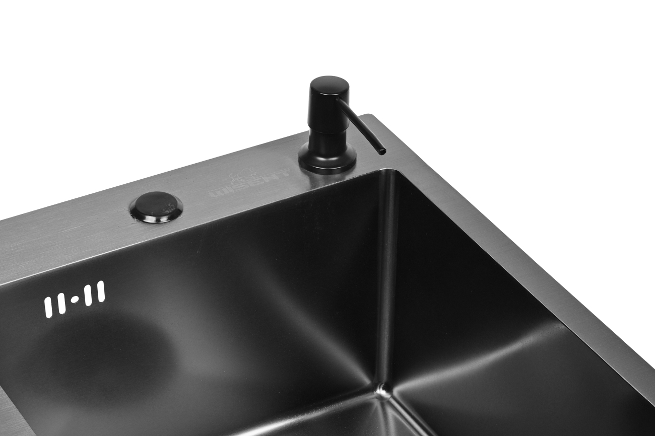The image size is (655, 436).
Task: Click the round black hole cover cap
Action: pos(156,207)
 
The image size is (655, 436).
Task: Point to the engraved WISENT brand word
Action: pos(248,184)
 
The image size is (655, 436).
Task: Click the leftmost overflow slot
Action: pos(48,307)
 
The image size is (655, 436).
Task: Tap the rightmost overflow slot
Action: pos(101,292)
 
